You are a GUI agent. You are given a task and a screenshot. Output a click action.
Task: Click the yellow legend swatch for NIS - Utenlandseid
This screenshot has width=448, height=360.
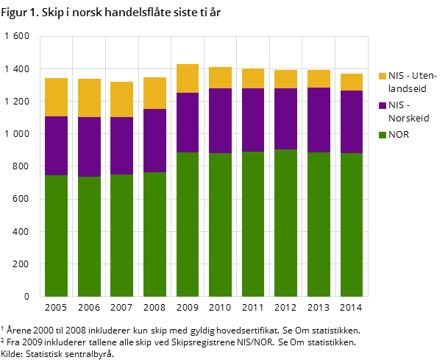[383, 76]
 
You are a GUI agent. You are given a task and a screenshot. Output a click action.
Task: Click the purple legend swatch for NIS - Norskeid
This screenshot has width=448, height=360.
[383, 105]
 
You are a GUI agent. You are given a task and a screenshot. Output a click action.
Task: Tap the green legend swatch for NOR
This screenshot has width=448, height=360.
[383, 135]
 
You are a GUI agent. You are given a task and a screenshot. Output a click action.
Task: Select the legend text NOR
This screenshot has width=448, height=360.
[399, 135]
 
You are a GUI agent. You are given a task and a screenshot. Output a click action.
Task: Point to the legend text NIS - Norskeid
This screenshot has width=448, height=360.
[409, 111]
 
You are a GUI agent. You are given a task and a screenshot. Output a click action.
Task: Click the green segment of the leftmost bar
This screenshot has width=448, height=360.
[56, 236]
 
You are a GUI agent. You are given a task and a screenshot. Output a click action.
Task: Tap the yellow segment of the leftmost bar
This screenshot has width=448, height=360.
[56, 97]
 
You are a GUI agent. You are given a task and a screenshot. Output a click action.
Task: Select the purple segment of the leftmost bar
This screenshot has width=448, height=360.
[56, 146]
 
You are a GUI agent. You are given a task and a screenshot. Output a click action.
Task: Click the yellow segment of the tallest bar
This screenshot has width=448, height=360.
[188, 78]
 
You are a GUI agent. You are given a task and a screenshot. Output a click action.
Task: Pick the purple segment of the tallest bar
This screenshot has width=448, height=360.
[188, 122]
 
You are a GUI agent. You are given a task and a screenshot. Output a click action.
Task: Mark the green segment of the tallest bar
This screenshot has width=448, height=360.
[188, 225]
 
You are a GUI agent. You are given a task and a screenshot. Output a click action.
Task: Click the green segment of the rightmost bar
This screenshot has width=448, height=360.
[352, 225]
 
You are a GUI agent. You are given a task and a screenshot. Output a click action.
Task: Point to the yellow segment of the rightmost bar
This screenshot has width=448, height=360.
[352, 82]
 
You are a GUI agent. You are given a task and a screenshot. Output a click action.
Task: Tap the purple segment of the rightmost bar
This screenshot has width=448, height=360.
[352, 121]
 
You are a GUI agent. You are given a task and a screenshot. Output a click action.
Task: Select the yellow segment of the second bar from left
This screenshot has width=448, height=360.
[89, 98]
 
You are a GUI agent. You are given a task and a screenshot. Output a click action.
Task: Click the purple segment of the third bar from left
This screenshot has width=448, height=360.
[121, 146]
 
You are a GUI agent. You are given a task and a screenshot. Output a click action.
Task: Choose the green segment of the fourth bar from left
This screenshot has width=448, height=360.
[154, 234]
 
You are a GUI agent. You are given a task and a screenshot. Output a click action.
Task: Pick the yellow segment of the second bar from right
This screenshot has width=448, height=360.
[319, 79]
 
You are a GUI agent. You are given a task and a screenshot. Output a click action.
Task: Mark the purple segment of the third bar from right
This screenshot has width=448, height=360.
[286, 119]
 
